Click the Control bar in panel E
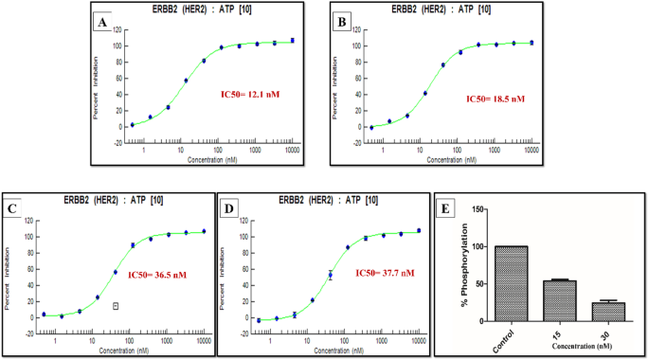point(511,283)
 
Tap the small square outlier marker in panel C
point(116,305)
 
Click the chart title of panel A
point(209,8)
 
